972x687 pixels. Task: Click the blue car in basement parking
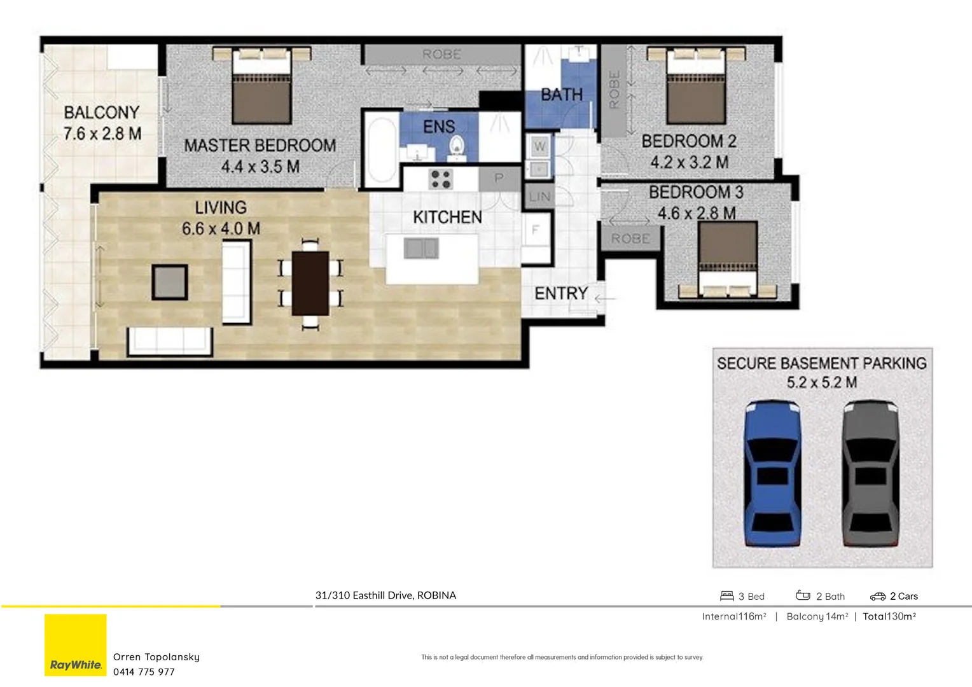[772, 473]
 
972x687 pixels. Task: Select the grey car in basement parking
[870, 473]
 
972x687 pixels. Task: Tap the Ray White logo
[76, 645]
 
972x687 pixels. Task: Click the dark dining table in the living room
[310, 284]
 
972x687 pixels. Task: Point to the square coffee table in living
[170, 282]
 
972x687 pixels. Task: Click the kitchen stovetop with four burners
[440, 179]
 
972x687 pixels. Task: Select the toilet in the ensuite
[457, 148]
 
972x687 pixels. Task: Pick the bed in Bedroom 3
[728, 260]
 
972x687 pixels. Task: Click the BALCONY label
[102, 113]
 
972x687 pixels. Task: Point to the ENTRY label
[560, 293]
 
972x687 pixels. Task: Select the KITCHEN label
[447, 218]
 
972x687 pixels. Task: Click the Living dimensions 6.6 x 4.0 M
[221, 228]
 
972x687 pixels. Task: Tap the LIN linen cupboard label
[539, 197]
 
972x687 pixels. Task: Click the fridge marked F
[536, 230]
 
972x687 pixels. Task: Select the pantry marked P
[499, 178]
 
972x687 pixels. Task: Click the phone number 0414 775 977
[144, 672]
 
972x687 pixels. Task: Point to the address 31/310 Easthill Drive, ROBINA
[385, 595]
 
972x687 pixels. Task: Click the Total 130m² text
[889, 616]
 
